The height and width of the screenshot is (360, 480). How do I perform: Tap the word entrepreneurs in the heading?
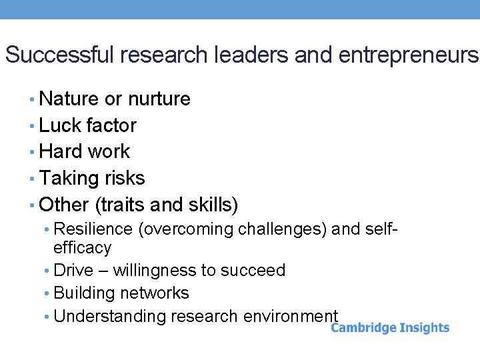(x=408, y=55)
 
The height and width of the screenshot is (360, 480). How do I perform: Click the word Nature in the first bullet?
(x=69, y=99)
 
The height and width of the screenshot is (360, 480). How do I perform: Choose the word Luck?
(x=60, y=125)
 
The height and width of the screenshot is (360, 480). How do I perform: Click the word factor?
(x=112, y=125)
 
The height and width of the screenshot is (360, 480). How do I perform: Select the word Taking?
(x=68, y=178)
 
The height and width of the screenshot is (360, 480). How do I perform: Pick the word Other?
(x=64, y=204)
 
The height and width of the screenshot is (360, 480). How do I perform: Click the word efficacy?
(x=82, y=248)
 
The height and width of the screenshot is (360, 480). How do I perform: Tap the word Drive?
(x=73, y=271)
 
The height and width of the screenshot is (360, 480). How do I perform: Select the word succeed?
(x=257, y=271)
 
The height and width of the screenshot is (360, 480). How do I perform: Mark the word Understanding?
(x=109, y=316)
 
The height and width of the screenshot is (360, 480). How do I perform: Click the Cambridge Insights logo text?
(x=390, y=327)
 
